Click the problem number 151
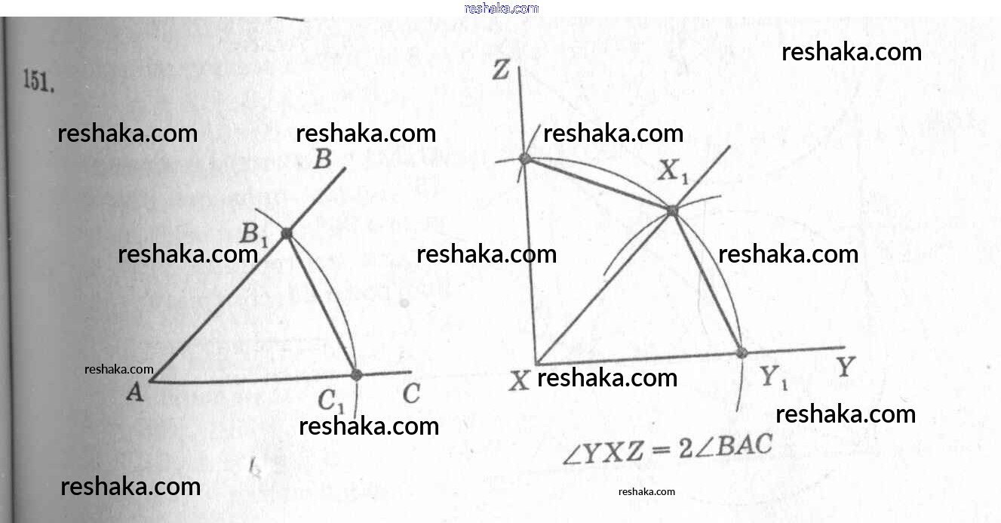tap(38, 82)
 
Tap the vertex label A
tap(135, 392)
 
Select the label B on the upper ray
tap(322, 160)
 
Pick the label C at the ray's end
tap(411, 394)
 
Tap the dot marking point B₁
tap(287, 234)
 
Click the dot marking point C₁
tap(357, 374)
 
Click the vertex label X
tap(519, 381)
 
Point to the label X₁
tap(674, 173)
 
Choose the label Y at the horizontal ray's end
tap(846, 368)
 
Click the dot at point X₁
tap(671, 211)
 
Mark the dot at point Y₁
tap(742, 352)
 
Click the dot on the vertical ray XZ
tap(526, 158)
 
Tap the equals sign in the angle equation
tap(661, 451)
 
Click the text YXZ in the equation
tap(612, 454)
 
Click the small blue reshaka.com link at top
tap(501, 8)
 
